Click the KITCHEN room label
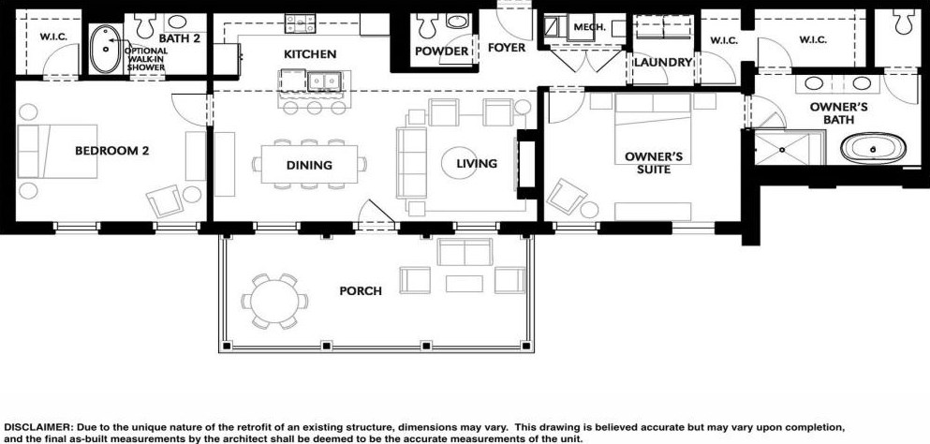pyautogui.click(x=310, y=54)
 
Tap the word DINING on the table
pyautogui.click(x=309, y=165)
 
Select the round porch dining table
pyautogui.click(x=274, y=301)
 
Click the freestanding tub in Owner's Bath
pyautogui.click(x=873, y=148)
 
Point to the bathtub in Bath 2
pyautogui.click(x=106, y=49)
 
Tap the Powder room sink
pyautogui.click(x=457, y=22)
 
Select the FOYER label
pyautogui.click(x=507, y=48)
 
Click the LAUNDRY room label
pyautogui.click(x=663, y=63)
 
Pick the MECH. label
pyautogui.click(x=589, y=27)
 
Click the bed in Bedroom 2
pyautogui.click(x=57, y=152)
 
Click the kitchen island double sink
pyautogui.click(x=324, y=81)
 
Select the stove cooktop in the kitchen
pyautogui.click(x=300, y=23)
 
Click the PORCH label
pyautogui.click(x=361, y=291)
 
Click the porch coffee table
pyautogui.click(x=464, y=284)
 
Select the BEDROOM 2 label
pyautogui.click(x=112, y=151)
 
